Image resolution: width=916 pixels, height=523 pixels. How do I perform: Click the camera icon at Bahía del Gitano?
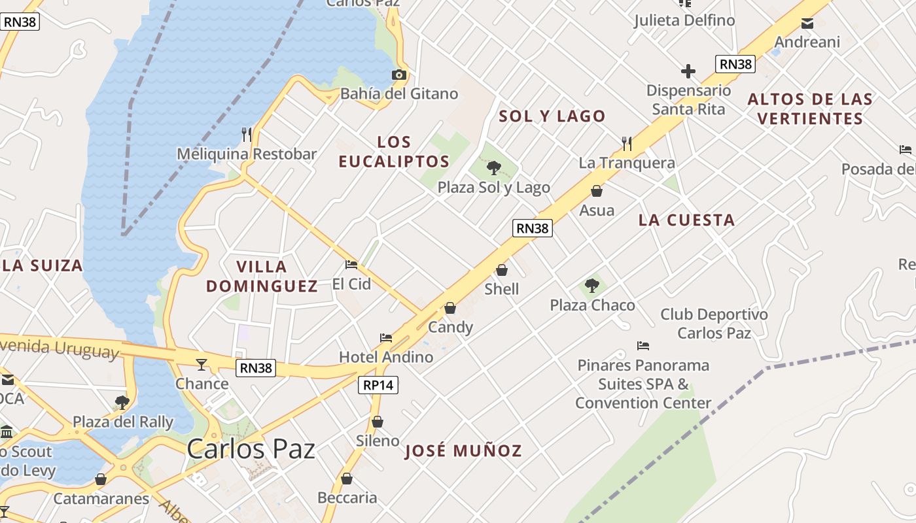pos(399,75)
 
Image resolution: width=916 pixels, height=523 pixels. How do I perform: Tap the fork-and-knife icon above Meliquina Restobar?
pos(247,135)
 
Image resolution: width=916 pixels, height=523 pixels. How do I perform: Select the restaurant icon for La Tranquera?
pos(627,143)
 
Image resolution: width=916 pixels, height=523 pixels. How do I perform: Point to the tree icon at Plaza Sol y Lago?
pos(494,168)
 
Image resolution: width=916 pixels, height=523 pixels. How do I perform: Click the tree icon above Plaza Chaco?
pos(592,286)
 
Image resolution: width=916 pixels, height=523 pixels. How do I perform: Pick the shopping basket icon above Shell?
pos(502,270)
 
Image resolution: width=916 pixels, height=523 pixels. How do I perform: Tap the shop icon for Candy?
pos(450,308)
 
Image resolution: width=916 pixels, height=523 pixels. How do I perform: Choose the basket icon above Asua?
pos(597,191)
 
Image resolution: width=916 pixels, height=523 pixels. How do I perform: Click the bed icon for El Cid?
pos(351,265)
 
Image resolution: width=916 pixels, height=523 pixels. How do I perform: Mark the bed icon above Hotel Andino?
pos(386,338)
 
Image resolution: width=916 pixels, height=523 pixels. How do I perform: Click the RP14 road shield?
pos(378,385)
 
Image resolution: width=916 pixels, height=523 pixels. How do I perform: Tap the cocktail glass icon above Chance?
pos(202,364)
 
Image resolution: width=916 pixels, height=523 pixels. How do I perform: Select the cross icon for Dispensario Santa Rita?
pos(688,71)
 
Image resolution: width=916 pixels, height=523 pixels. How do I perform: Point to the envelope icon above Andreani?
pos(807,24)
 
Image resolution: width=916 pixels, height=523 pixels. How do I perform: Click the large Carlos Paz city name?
pos(251,449)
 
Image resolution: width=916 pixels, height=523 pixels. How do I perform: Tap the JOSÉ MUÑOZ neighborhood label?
pos(463,450)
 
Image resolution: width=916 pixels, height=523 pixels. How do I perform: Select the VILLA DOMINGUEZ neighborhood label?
pos(262,276)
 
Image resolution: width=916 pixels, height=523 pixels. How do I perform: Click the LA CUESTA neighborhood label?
pos(686,220)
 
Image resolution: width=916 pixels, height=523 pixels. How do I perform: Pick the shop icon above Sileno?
pos(378,422)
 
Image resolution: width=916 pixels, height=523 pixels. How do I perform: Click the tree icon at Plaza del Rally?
pos(122,402)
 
